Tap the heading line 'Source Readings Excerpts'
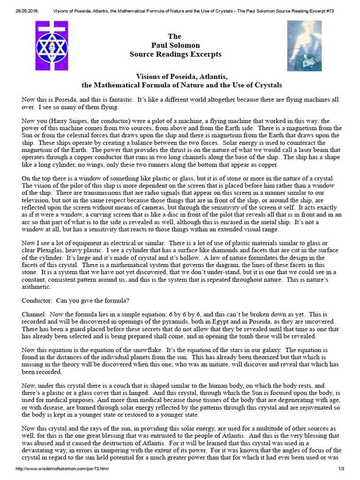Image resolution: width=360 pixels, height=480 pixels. point(175,54)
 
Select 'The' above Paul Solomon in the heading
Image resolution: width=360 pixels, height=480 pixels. point(175,37)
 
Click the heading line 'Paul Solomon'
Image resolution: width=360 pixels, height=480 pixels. point(175,45)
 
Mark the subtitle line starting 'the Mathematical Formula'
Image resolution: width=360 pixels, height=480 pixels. point(181,86)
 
